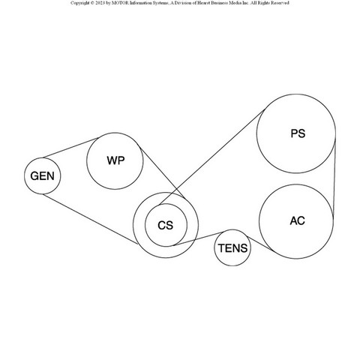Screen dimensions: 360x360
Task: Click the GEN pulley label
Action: (x=42, y=176)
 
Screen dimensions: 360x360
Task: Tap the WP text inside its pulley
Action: (x=115, y=160)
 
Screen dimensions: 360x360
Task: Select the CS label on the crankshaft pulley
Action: (x=166, y=225)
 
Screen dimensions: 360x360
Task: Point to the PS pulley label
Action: (x=298, y=133)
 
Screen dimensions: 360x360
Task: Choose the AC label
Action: (x=298, y=220)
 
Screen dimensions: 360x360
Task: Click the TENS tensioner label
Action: (x=233, y=248)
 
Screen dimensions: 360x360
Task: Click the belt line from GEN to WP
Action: (x=70, y=148)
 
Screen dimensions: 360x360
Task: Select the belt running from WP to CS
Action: (x=162, y=173)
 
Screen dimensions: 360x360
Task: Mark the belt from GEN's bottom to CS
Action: (x=90, y=219)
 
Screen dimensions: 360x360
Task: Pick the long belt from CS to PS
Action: (x=212, y=157)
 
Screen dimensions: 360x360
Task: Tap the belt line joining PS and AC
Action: (x=334, y=176)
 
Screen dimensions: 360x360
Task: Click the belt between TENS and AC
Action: (x=259, y=243)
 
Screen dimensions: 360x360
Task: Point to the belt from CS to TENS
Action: (x=198, y=238)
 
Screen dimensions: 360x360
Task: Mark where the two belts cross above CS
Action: (x=177, y=189)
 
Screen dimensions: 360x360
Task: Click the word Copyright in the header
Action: (x=79, y=3)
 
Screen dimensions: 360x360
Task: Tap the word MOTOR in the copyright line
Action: (x=120, y=3)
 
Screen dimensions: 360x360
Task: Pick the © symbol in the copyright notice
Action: (x=92, y=3)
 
